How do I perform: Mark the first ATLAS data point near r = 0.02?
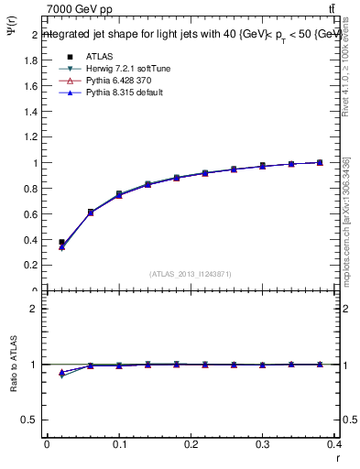click(x=61, y=243)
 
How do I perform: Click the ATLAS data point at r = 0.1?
click(x=119, y=194)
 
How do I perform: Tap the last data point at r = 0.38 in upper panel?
click(x=320, y=163)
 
